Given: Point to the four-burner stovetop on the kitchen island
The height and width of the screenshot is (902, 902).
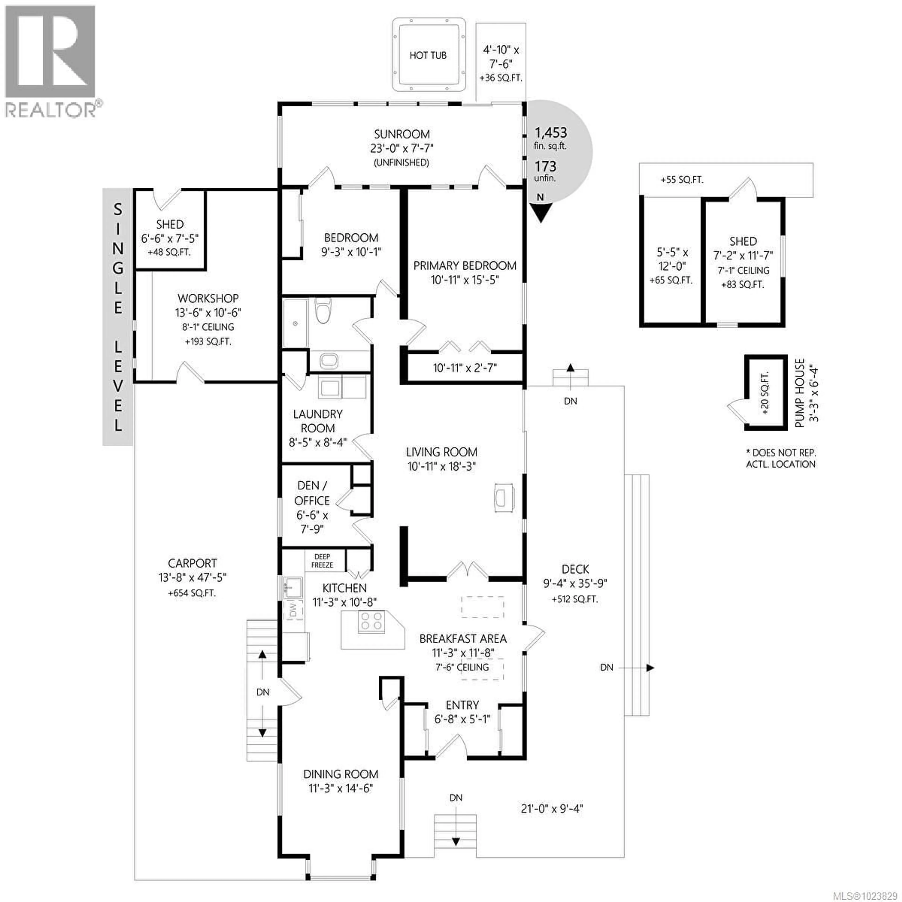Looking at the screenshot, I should click(x=372, y=621).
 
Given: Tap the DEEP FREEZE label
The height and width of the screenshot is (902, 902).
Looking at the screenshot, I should click(x=322, y=561).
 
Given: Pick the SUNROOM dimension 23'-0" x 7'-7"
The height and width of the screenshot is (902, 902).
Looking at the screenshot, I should click(x=401, y=148).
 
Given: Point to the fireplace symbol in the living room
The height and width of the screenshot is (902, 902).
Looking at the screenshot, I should click(x=504, y=498).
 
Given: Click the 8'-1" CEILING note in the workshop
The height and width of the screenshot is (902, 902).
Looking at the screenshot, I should click(x=208, y=327).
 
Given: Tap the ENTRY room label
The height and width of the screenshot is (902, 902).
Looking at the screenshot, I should click(x=462, y=705).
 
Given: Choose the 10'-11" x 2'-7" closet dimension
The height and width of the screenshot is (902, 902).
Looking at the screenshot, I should click(x=465, y=368).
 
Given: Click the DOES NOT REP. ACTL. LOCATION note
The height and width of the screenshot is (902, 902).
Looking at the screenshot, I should click(x=781, y=458).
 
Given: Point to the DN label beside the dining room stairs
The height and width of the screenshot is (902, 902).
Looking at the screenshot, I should click(x=263, y=692).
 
